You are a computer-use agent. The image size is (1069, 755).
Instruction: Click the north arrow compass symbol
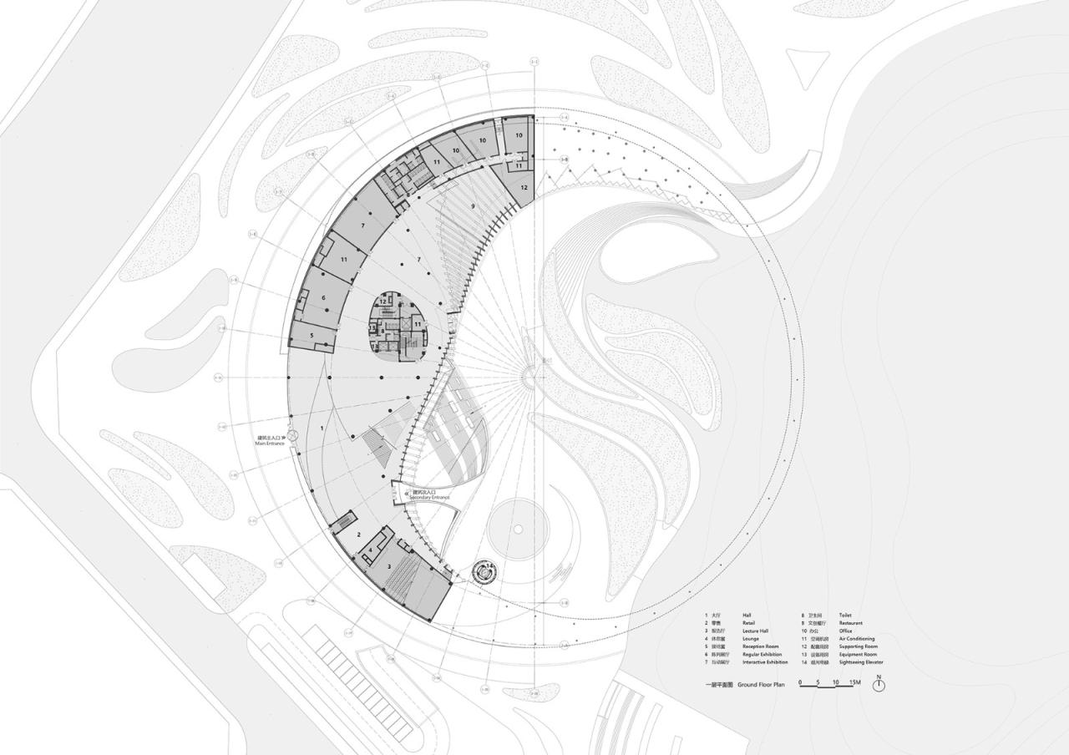[878, 685]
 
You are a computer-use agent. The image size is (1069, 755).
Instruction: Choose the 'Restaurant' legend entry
[851, 623]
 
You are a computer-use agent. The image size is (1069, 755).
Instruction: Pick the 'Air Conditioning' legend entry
[857, 639]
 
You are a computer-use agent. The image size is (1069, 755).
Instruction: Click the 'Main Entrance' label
[271, 443]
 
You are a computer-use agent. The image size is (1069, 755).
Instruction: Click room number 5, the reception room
[312, 336]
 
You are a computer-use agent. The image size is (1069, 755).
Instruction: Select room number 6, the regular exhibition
[322, 297]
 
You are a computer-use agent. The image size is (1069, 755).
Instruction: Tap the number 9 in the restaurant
[473, 205]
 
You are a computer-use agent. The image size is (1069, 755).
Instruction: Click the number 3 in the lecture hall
[388, 566]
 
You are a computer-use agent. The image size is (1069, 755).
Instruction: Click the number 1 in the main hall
[322, 428]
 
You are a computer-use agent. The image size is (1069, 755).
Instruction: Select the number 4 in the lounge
[371, 550]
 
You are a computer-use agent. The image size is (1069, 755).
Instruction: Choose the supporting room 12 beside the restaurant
[524, 188]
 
